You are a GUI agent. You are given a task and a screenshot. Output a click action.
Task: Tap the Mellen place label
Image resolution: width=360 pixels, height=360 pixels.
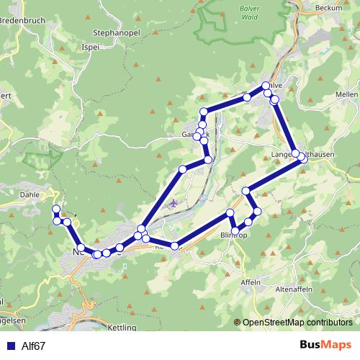coord(346,94)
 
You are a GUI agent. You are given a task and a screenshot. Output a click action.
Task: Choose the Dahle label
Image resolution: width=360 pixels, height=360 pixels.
coord(30,194)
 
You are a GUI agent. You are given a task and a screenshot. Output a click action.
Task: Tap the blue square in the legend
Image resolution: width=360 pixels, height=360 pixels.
coord(9,346)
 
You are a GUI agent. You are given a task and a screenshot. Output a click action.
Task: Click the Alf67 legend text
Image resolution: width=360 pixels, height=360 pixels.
coord(33,346)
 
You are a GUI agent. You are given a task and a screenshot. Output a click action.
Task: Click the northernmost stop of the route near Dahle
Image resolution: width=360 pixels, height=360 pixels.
coord(55,209)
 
